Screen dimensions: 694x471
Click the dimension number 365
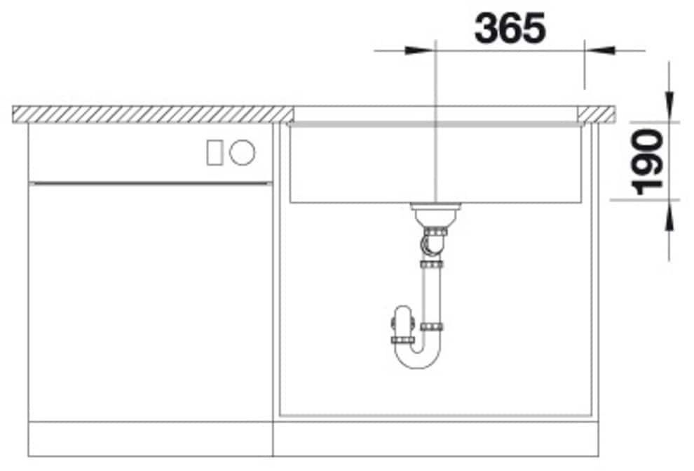[510, 28]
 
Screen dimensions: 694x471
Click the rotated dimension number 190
[649, 162]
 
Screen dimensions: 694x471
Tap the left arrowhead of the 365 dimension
[419, 51]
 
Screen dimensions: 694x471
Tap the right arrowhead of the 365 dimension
[600, 51]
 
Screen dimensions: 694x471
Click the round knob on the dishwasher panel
[242, 152]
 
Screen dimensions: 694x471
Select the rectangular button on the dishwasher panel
[215, 153]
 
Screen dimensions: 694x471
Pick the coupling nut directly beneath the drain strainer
[435, 232]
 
